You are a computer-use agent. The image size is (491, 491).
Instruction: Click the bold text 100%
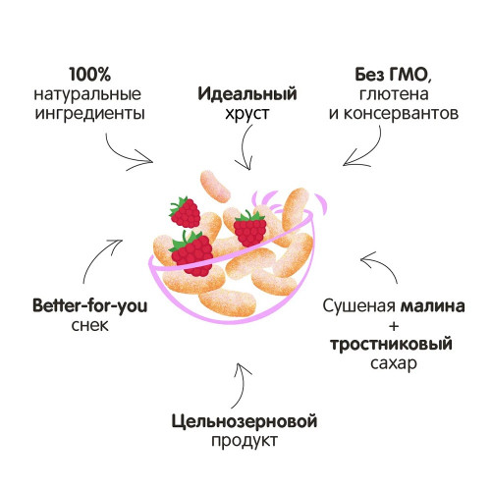coord(90,75)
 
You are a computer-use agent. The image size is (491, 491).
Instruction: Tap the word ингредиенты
coord(89,113)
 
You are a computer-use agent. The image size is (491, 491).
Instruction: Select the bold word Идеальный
coord(247,94)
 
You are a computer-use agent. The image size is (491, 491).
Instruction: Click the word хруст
coord(247,114)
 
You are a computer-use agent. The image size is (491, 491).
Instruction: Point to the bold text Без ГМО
coord(392,75)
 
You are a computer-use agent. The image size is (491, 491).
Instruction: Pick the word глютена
coord(394,94)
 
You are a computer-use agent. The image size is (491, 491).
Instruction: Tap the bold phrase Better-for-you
coord(90,306)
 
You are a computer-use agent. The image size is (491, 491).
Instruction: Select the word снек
coord(89,325)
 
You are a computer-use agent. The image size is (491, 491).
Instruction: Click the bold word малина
coord(433,306)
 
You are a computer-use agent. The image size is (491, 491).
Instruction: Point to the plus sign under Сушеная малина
coord(394,326)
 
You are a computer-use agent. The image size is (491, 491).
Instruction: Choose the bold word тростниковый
coord(391,345)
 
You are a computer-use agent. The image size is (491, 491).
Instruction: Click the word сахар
coord(394,363)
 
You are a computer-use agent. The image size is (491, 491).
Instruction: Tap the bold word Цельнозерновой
coord(245,421)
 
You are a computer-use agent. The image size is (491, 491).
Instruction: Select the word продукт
coord(245,441)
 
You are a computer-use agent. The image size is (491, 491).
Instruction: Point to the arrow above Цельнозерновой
coord(242,385)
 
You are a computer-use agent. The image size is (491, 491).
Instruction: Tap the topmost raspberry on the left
coord(185,212)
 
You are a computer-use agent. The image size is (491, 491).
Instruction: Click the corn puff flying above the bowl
coord(215,187)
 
